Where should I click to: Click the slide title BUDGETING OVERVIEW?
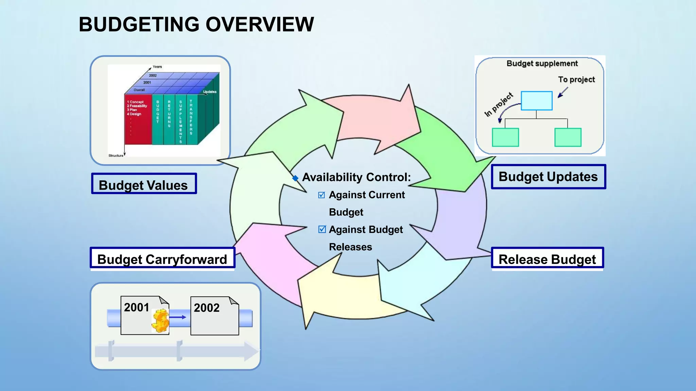coord(196,25)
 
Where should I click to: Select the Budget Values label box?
coord(144,184)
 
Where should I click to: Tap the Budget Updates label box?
coord(548,177)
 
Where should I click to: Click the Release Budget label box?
coord(547,259)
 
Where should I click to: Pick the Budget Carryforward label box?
coord(162,259)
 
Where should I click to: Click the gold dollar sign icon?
coord(160,321)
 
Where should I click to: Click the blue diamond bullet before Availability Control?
coord(295,178)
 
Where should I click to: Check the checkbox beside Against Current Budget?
coord(321,195)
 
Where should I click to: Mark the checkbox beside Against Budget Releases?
coord(322,229)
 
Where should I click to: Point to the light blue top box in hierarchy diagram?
coord(536,100)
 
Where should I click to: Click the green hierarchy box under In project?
coord(505,137)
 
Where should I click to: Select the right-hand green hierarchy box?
coord(568,137)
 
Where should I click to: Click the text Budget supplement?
coord(542,63)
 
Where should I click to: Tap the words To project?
coord(576,79)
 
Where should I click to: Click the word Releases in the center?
coord(350,247)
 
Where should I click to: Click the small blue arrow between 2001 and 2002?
coord(178,317)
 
